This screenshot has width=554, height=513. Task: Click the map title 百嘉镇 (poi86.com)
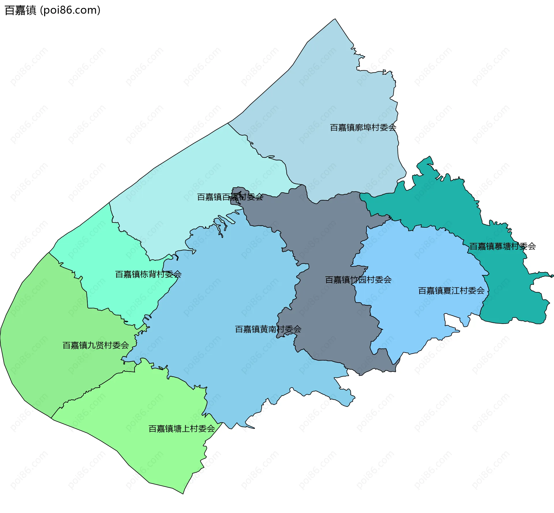(53, 10)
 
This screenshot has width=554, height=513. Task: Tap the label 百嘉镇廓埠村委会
(363, 127)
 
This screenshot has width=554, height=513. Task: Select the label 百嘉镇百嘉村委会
(230, 197)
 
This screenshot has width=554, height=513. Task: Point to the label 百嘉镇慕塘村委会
(502, 246)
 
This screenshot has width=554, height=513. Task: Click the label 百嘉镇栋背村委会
(148, 274)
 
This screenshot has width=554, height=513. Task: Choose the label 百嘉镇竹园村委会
(358, 280)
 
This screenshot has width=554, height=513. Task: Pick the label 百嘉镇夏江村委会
(451, 291)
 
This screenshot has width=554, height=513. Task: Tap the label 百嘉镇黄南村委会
(268, 329)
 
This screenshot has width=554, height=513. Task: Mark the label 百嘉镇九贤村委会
(96, 345)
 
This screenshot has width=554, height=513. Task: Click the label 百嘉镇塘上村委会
(181, 429)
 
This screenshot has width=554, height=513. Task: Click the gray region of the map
(326, 236)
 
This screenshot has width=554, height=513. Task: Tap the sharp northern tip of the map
(335, 19)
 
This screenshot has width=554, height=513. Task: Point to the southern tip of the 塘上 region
(183, 494)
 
